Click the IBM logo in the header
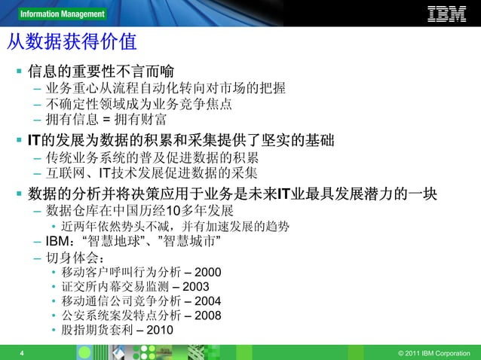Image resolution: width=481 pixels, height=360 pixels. click(x=447, y=14)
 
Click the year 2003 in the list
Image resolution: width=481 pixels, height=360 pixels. click(x=196, y=286)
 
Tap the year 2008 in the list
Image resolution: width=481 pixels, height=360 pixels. click(x=208, y=316)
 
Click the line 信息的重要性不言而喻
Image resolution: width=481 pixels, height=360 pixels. click(x=101, y=72)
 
